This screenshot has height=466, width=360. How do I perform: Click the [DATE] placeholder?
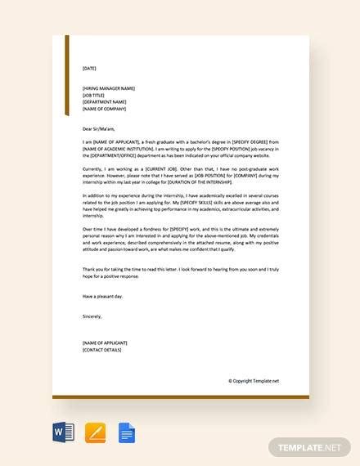(89, 68)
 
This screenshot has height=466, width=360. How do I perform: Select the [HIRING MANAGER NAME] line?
(109, 87)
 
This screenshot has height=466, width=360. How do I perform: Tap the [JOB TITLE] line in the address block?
(94, 95)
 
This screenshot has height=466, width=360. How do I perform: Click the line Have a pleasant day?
(101, 297)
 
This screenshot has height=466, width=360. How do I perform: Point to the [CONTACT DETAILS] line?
(102, 350)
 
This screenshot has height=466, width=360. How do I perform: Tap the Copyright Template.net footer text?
(254, 381)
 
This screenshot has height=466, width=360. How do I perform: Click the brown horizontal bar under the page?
(180, 398)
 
